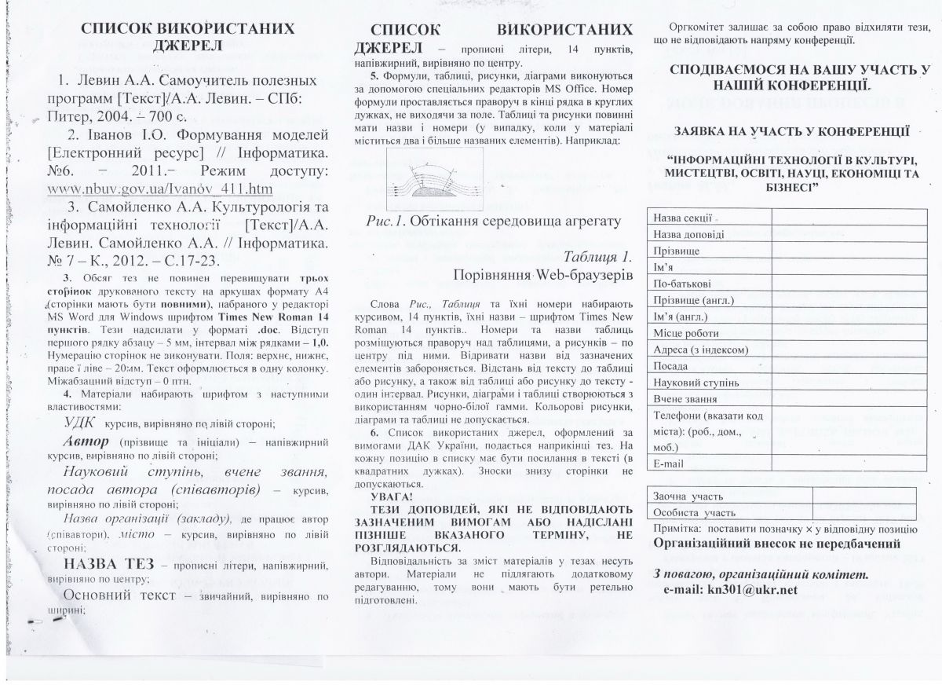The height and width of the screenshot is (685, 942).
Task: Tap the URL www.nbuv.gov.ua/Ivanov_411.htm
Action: [160, 189]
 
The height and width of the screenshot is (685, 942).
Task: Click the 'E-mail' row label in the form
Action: [670, 464]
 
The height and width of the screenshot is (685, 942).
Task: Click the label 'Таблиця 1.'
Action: [597, 257]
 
